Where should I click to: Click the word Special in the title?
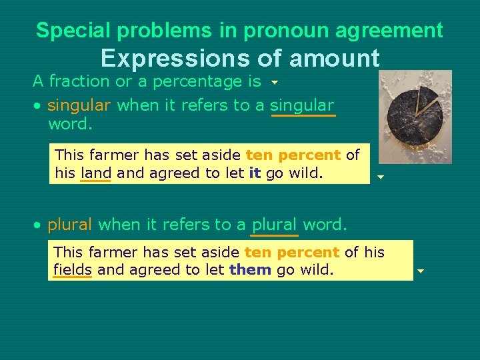coord(67,30)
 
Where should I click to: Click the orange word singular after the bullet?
coord(79,105)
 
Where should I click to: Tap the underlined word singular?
coord(302,105)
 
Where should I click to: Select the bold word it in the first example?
coord(254,173)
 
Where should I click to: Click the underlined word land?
coord(95,173)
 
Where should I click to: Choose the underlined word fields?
coord(72,270)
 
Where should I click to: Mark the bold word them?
coord(250,270)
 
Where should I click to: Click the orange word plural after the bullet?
coord(69,225)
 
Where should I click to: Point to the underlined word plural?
coord(274,225)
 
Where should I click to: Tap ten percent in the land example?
coord(293,155)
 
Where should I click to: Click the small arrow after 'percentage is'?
coord(274,84)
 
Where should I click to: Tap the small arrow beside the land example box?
coord(380,177)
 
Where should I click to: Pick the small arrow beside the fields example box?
coord(421,271)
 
